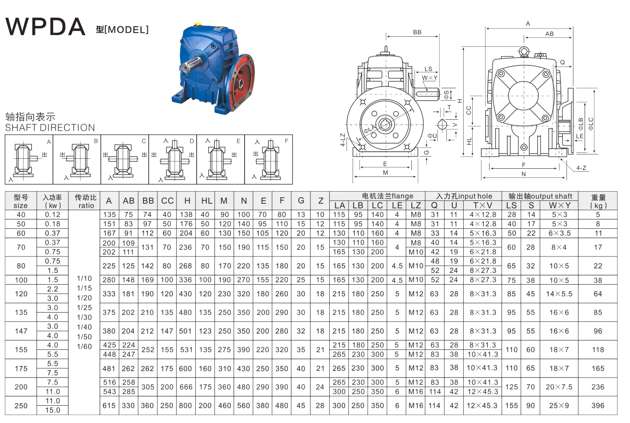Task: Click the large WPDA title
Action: click(x=45, y=26)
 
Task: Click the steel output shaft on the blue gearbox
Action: click(x=191, y=64)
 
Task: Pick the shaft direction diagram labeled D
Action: click(x=173, y=160)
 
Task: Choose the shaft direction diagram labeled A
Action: click(x=29, y=160)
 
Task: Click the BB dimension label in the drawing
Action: click(x=417, y=32)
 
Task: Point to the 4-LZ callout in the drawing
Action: click(x=343, y=140)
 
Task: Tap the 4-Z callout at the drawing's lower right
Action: click(x=581, y=168)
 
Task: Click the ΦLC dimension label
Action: click(x=591, y=124)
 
